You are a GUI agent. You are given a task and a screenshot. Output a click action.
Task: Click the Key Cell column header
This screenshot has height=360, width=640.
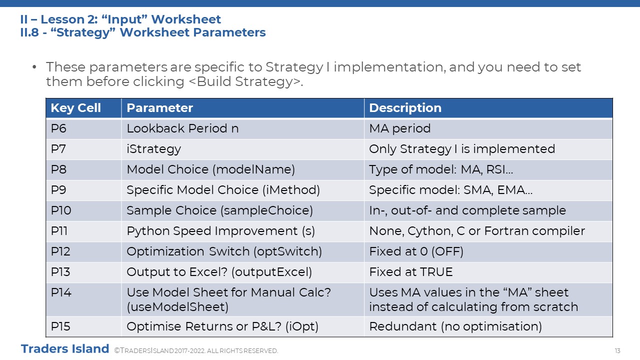[x=75, y=108]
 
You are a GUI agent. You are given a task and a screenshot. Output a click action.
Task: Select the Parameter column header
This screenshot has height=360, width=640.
[x=159, y=108]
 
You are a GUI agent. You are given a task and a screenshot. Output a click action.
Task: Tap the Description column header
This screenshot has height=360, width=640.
[x=405, y=108]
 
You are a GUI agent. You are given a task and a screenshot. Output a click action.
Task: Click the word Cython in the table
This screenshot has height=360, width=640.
[x=430, y=231]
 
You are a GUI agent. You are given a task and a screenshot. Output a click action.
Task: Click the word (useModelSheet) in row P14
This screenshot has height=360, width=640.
[x=177, y=307]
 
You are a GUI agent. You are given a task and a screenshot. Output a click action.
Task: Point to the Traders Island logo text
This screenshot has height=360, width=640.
[x=65, y=349]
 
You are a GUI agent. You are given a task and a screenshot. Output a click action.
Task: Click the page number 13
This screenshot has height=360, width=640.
[x=617, y=351]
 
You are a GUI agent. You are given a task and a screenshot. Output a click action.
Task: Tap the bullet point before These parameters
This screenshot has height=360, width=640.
[x=34, y=67]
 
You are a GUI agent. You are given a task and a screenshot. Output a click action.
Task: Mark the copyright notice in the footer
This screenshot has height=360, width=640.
[x=196, y=351]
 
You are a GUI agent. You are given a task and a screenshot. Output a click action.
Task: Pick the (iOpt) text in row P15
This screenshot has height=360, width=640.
[x=302, y=326]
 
